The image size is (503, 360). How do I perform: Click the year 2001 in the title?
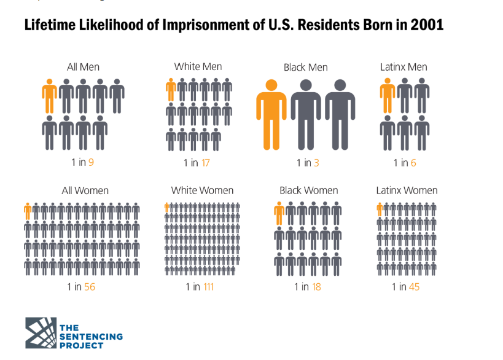click(x=425, y=26)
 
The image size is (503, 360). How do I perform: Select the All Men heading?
click(x=83, y=67)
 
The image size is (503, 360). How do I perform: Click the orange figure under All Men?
click(x=49, y=95)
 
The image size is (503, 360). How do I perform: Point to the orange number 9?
click(x=91, y=163)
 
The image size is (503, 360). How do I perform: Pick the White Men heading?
click(x=198, y=66)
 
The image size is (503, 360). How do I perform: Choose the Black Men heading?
click(x=305, y=67)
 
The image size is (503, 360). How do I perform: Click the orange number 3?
click(x=316, y=163)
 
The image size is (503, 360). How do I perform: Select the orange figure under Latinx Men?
click(x=387, y=96)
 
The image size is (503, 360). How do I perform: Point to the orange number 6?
click(x=413, y=163)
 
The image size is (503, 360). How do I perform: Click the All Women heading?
click(x=85, y=190)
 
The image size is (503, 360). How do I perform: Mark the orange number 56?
click(x=90, y=286)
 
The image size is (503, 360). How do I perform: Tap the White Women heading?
click(x=202, y=190)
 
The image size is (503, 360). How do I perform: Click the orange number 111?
click(x=208, y=286)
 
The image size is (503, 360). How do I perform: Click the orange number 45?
click(x=413, y=286)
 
